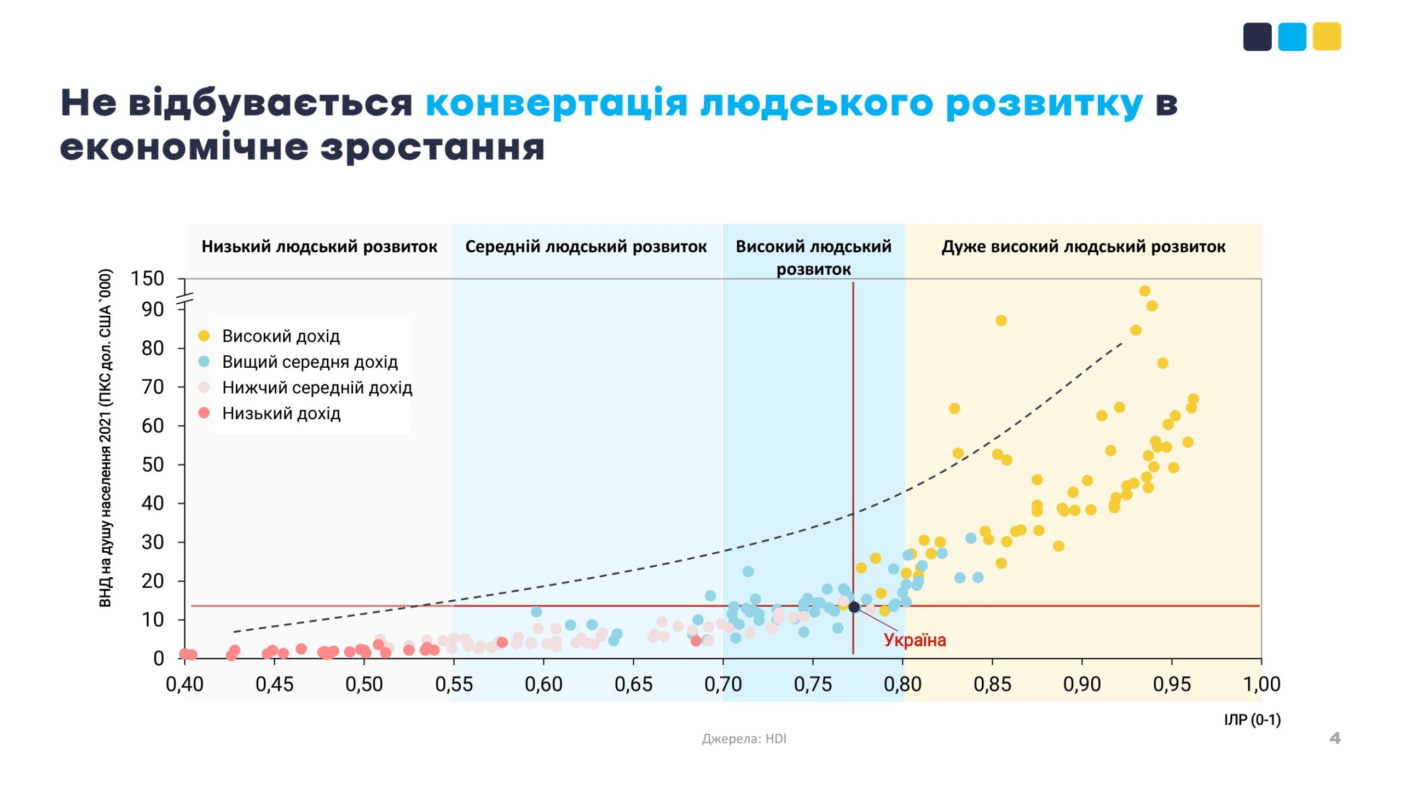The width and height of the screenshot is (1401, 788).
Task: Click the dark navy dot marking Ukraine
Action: [854, 607]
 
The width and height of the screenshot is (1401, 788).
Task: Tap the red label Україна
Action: [914, 640]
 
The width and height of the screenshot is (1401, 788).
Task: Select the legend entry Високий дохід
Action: [281, 336]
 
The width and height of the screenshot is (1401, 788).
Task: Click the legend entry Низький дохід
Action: [281, 413]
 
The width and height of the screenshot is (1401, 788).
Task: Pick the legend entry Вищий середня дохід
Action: [310, 362]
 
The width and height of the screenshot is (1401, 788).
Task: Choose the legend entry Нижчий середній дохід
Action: [317, 387]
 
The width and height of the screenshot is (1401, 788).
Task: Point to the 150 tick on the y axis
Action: [147, 279]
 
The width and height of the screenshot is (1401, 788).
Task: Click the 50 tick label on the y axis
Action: [153, 465]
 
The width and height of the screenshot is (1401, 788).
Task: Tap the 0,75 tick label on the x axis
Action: [813, 684]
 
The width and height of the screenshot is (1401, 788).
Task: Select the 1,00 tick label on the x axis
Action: [1261, 684]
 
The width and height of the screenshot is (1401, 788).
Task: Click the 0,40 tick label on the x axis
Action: [184, 684]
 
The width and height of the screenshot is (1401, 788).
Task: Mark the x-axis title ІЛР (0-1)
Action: [1252, 720]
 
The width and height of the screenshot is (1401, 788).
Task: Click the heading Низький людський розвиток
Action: [320, 247]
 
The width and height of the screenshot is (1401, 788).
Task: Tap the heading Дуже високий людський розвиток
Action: [1083, 247]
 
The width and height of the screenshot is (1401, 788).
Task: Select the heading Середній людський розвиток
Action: [586, 247]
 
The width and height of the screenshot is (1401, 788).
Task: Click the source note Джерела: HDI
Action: [744, 739]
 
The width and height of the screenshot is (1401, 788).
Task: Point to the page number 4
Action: [1335, 738]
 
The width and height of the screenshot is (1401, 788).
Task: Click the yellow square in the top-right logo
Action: [1327, 37]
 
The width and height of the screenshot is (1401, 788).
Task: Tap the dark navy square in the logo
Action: [1257, 37]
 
